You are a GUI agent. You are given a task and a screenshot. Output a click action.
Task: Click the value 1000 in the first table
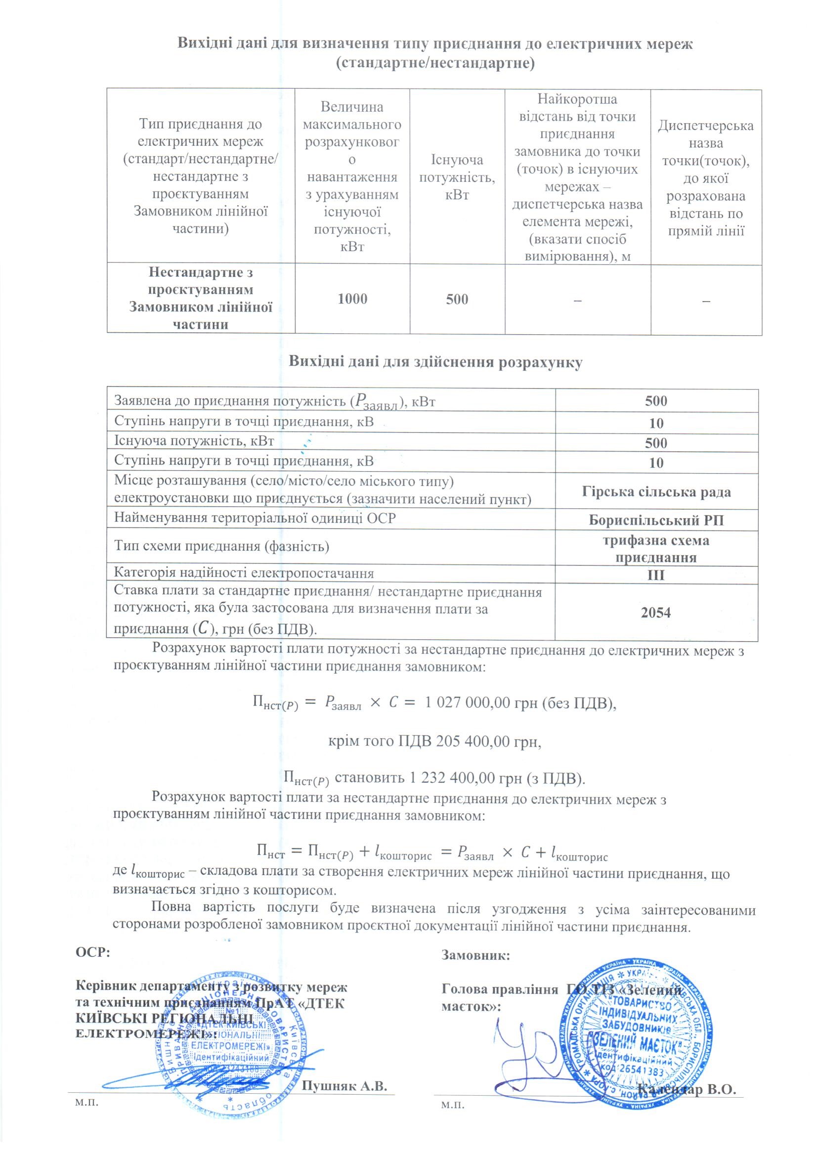[352, 299]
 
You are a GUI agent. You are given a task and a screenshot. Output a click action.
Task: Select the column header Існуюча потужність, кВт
[457, 177]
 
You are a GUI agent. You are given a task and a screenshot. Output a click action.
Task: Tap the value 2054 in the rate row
[656, 612]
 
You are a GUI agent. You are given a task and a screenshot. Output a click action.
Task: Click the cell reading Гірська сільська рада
[656, 491]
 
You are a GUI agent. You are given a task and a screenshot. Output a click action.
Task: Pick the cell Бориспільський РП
[656, 520]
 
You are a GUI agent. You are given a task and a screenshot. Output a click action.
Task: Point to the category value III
[656, 575]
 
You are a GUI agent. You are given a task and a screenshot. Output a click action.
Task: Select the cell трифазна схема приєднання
[656, 549]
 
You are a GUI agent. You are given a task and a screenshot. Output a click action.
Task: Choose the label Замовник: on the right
[475, 955]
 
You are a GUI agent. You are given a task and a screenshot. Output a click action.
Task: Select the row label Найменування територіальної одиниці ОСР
[255, 518]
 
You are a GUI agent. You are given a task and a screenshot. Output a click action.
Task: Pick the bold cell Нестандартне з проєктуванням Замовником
[201, 299]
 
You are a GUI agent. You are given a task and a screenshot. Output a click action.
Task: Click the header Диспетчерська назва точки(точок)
[706, 177]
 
